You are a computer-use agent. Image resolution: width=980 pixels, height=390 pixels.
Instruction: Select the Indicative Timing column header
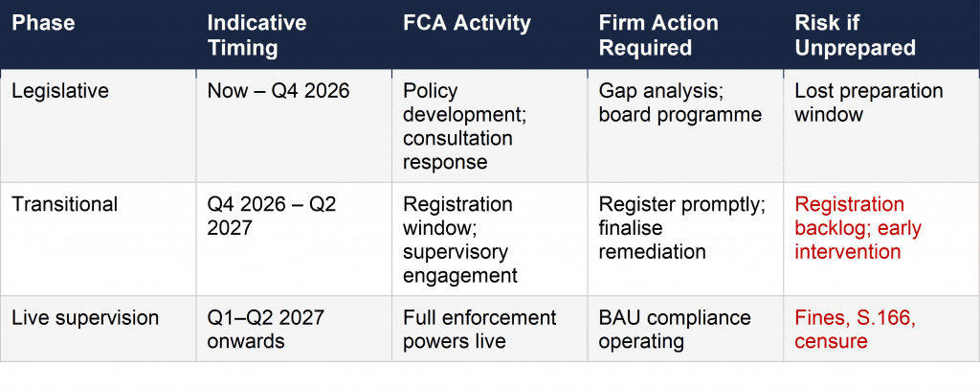click(257, 34)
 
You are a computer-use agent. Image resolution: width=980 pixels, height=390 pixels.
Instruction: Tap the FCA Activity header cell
click(467, 22)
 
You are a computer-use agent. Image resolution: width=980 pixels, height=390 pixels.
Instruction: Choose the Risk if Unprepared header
click(855, 34)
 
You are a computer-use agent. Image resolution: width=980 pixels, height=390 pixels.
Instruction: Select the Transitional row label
click(64, 205)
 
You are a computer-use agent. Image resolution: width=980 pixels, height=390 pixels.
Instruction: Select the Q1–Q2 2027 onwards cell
click(265, 329)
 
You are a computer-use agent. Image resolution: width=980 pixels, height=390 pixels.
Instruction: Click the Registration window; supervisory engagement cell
click(457, 240)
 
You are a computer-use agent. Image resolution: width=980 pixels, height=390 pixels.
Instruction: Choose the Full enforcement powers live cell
click(479, 329)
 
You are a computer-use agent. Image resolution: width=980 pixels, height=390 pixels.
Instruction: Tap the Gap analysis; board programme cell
click(679, 103)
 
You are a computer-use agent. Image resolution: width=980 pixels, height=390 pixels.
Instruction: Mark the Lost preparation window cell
click(868, 103)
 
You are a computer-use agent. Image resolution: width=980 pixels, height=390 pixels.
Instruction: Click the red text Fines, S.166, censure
click(855, 329)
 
